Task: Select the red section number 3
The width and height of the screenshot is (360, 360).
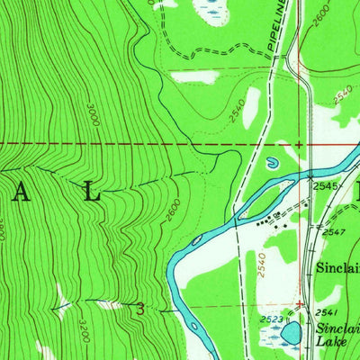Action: point(141,308)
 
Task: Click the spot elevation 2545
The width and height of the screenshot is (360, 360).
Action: point(326,186)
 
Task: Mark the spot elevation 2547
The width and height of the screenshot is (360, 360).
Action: point(335,232)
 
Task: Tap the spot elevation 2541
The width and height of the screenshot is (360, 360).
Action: point(326,311)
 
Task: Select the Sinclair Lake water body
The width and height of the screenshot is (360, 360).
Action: point(292,333)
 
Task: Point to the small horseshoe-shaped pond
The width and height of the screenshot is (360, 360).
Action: point(271,164)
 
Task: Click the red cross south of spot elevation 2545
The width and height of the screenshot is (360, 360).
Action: point(297,303)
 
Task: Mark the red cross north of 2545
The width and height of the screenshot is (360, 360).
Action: point(299,143)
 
